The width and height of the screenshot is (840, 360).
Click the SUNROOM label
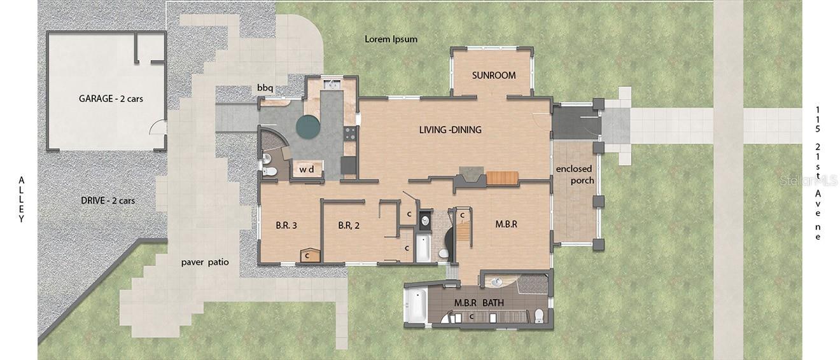(x=493, y=76)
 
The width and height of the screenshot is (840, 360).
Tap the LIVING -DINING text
(x=450, y=130)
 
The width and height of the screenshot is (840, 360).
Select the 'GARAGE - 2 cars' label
(x=107, y=99)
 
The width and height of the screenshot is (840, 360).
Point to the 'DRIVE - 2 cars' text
(x=108, y=200)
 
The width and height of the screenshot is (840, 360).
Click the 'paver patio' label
(x=204, y=262)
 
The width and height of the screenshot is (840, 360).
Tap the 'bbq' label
(x=265, y=87)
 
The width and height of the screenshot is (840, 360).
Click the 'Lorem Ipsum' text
(x=391, y=39)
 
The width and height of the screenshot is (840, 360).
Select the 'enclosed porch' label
(x=574, y=174)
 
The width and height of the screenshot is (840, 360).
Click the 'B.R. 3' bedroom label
(x=286, y=225)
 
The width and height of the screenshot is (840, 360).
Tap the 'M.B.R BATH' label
(x=479, y=303)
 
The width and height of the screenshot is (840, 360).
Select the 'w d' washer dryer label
(x=307, y=170)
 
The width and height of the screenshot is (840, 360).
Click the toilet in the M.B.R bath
(x=538, y=315)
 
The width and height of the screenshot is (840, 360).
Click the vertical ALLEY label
(x=21, y=200)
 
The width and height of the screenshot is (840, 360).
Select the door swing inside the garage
(x=154, y=131)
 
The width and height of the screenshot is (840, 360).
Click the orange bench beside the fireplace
(x=502, y=178)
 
